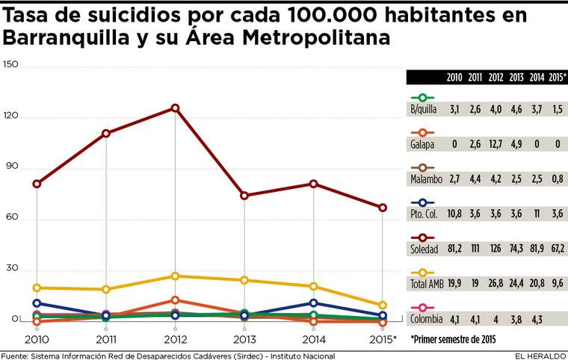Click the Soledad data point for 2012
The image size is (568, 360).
[x=175, y=108]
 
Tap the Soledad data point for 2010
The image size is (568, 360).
[x=37, y=184]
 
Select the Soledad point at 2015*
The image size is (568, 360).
[x=383, y=207]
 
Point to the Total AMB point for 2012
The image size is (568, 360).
[x=175, y=276]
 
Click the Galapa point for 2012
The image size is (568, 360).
[x=175, y=300]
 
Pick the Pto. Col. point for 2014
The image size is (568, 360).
[x=313, y=302]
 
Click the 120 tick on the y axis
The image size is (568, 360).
[x=10, y=117]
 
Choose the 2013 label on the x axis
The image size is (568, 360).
[x=244, y=338]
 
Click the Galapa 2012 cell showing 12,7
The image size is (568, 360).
[x=495, y=143]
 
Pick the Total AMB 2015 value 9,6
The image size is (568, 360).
[x=556, y=284]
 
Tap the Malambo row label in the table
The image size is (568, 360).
[x=426, y=179]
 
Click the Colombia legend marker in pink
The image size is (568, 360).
[x=424, y=307]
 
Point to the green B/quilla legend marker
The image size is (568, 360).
[x=424, y=97]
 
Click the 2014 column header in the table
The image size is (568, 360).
[x=536, y=77]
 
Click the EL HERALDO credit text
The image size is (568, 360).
[x=538, y=355]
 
